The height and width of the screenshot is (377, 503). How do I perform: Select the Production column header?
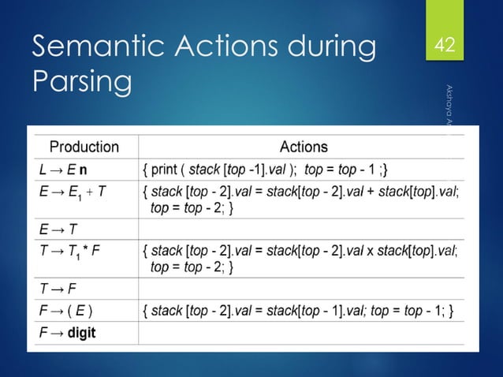(84, 146)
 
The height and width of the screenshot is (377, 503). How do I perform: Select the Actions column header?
(304, 146)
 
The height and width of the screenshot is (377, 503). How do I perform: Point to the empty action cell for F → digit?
(307, 332)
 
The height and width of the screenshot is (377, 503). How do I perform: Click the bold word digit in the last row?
(81, 332)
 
